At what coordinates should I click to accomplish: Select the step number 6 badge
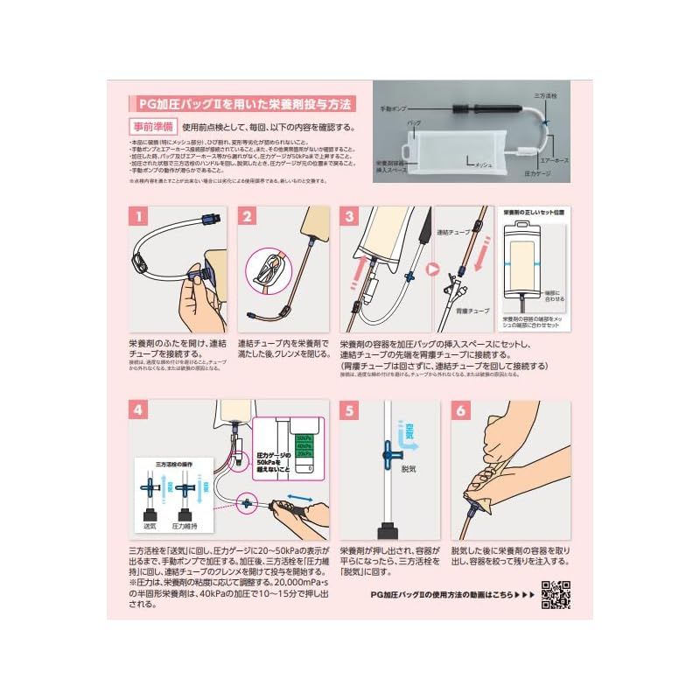(x=461, y=410)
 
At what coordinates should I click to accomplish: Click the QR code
(x=556, y=595)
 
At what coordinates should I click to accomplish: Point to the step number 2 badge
(x=248, y=216)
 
